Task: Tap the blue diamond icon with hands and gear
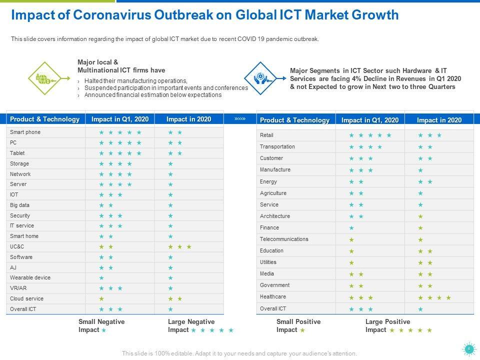(x=260, y=78)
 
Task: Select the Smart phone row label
(x=25, y=132)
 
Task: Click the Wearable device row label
(x=30, y=278)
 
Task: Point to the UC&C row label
(x=17, y=247)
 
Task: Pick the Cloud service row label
(x=26, y=299)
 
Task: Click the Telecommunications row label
(x=284, y=239)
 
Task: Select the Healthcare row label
(x=273, y=297)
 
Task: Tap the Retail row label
(x=266, y=135)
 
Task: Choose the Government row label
(x=274, y=285)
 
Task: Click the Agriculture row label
(x=273, y=193)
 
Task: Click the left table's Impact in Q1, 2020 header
(x=120, y=119)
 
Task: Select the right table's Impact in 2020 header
(x=439, y=120)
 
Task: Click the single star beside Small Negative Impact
(x=103, y=330)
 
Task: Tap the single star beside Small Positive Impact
(x=302, y=330)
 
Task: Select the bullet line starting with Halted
(x=136, y=81)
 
